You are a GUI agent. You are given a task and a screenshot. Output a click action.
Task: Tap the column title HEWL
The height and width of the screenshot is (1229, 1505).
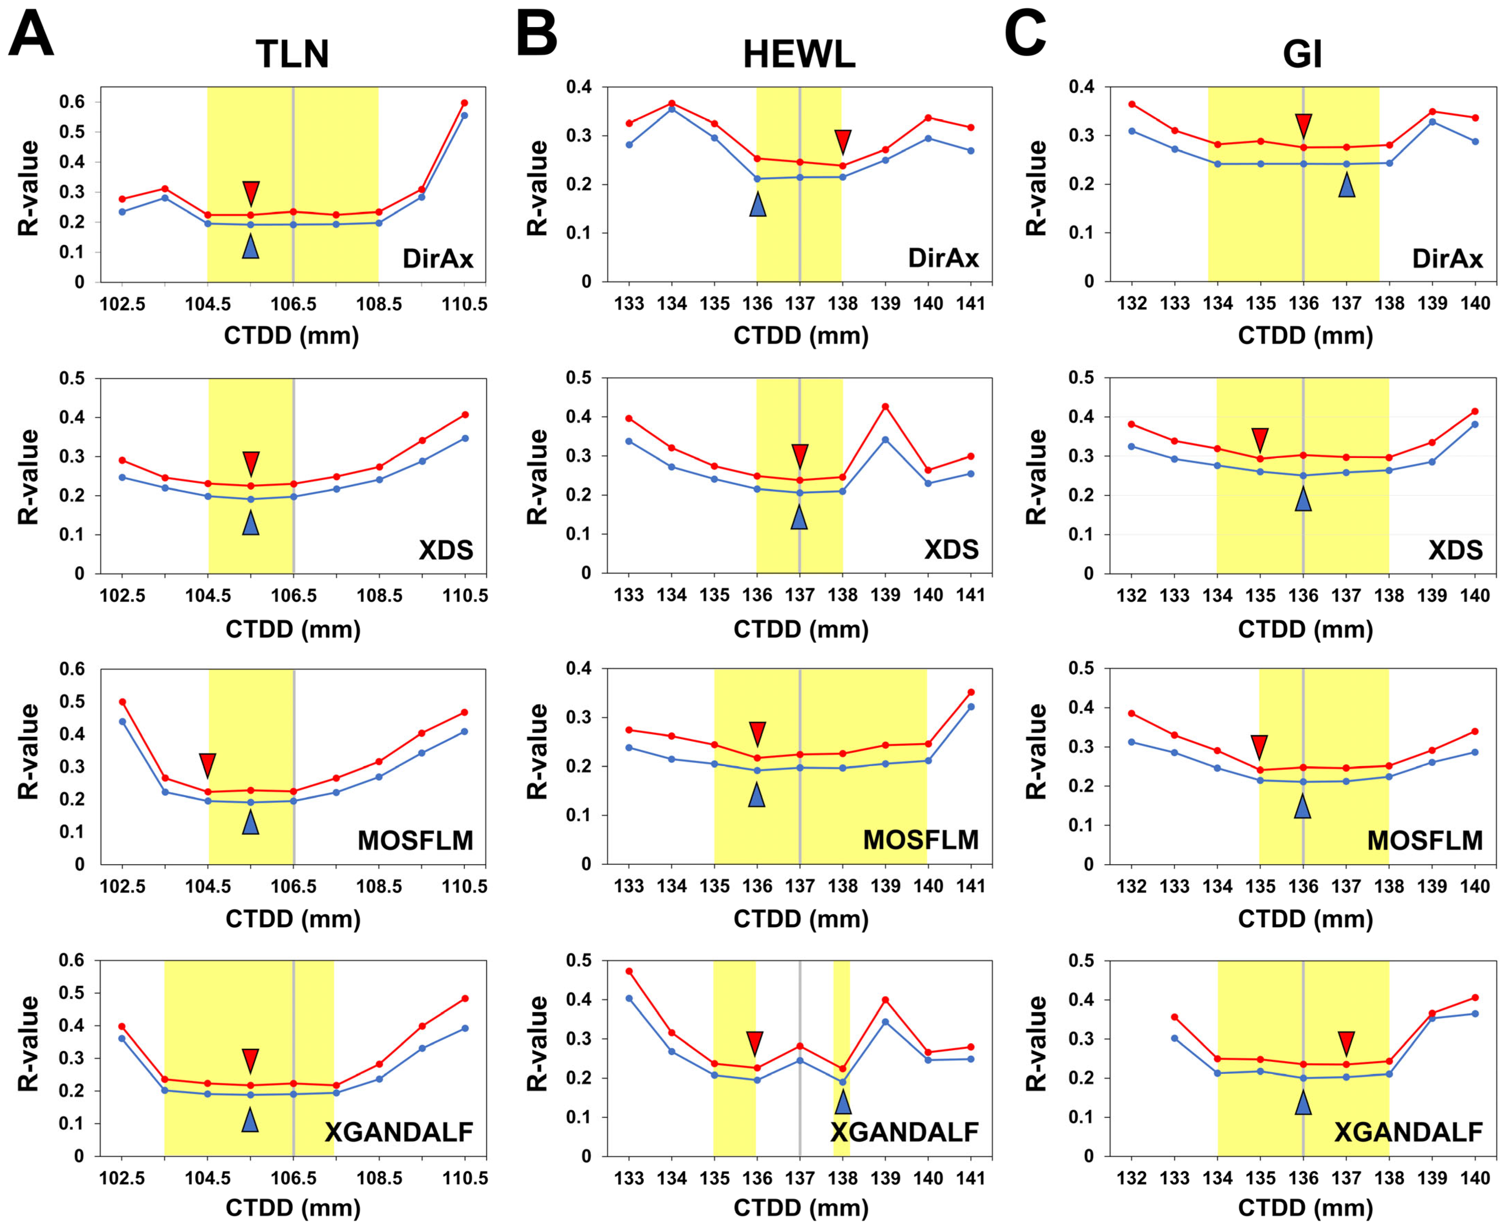click(x=799, y=54)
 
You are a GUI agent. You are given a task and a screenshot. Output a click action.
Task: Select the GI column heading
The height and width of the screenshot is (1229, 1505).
click(x=1302, y=54)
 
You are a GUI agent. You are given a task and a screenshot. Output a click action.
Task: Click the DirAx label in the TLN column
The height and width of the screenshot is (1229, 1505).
click(x=437, y=258)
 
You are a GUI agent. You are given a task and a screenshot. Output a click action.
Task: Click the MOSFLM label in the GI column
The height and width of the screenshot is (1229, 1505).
click(x=1424, y=840)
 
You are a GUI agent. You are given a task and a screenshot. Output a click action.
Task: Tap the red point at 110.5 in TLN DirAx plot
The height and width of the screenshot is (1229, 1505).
click(x=465, y=103)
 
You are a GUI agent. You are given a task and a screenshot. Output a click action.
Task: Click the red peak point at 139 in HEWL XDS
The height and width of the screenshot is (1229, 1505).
click(x=885, y=406)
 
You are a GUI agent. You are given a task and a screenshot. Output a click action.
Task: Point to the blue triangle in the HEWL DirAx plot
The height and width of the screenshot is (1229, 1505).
click(x=757, y=204)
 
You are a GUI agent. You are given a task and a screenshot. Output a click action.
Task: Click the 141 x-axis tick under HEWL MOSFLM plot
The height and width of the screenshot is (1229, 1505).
click(x=971, y=886)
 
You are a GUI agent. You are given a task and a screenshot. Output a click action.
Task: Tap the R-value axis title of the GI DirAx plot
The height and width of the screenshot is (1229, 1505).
click(x=1036, y=188)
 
